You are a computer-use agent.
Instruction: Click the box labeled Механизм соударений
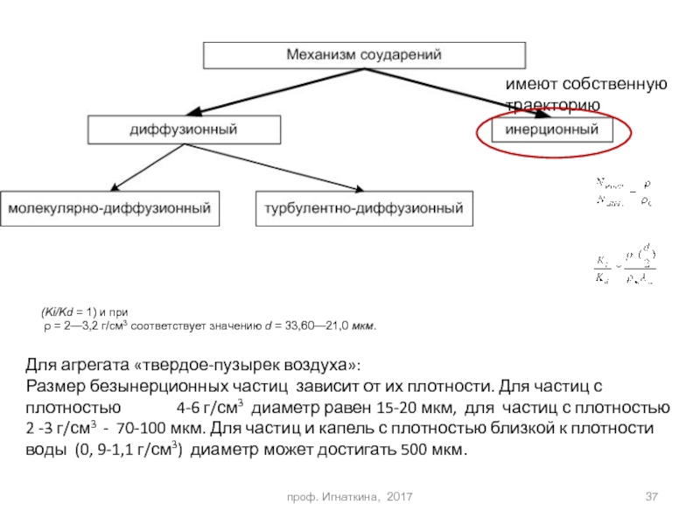tap(365, 54)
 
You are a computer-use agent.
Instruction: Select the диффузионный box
tap(184, 129)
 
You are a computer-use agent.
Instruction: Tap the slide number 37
tap(651, 497)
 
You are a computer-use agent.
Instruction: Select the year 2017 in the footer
tap(399, 497)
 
